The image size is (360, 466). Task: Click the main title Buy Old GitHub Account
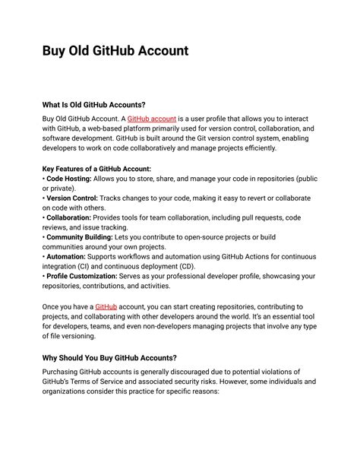click(x=115, y=51)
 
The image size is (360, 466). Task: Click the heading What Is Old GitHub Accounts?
click(x=93, y=104)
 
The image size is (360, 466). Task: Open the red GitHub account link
click(x=151, y=119)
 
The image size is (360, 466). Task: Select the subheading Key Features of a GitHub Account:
click(x=96, y=168)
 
